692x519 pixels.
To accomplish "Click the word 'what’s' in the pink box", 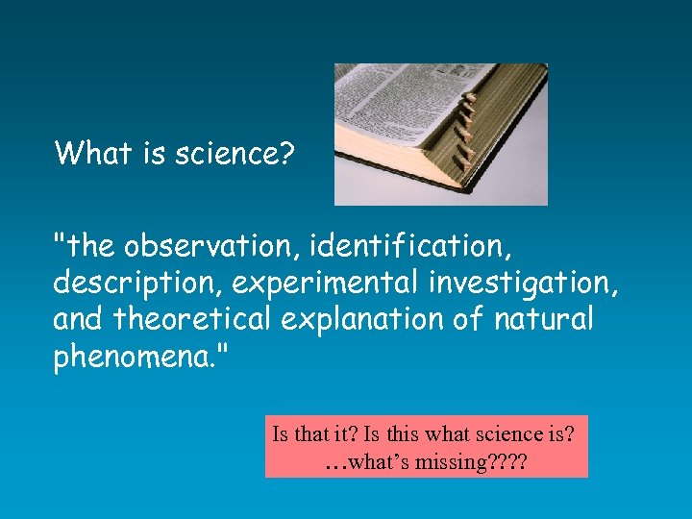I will [380, 462].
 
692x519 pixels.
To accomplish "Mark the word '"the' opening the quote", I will [85, 247].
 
